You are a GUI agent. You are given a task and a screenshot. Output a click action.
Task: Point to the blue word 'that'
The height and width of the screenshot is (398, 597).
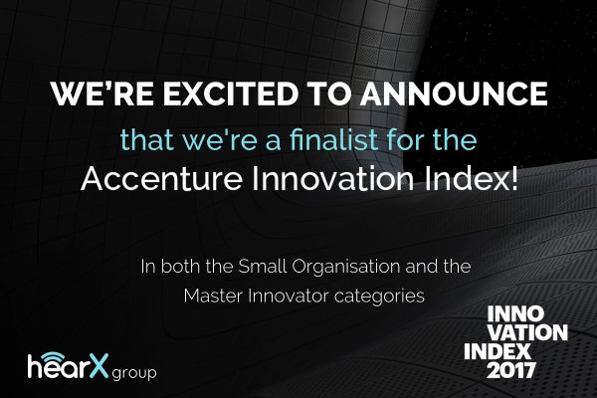143,140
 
